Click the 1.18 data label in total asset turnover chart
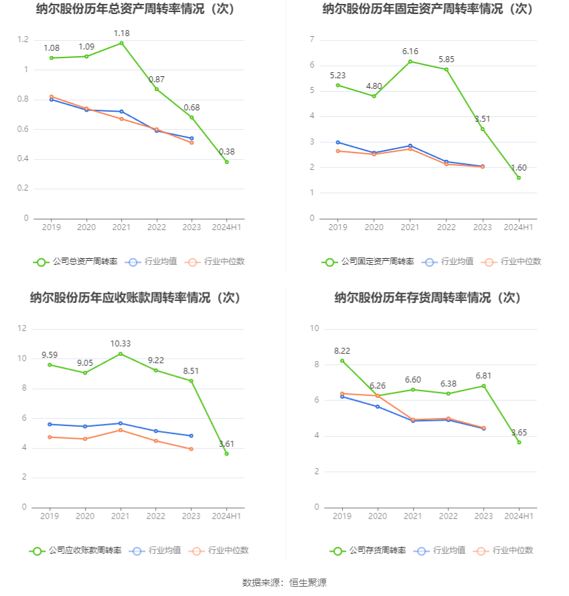pyautogui.click(x=121, y=33)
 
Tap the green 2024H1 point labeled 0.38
pyautogui.click(x=226, y=162)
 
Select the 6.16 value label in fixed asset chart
pyautogui.click(x=410, y=52)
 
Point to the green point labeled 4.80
pyautogui.click(x=374, y=96)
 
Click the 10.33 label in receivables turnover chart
pyautogui.click(x=120, y=344)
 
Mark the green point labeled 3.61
pyautogui.click(x=226, y=454)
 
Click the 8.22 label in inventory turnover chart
pyautogui.click(x=342, y=351)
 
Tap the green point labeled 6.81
pyautogui.click(x=483, y=386)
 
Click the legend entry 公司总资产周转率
pyautogui.click(x=75, y=262)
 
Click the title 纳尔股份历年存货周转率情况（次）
pyautogui.click(x=428, y=298)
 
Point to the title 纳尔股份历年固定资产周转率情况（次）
pyautogui.click(x=428, y=9)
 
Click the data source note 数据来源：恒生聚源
pyautogui.click(x=284, y=583)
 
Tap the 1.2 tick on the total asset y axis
pyautogui.click(x=23, y=40)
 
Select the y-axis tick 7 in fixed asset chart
pyautogui.click(x=312, y=40)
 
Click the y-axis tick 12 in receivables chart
pyautogui.click(x=22, y=328)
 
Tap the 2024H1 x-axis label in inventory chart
pyautogui.click(x=519, y=516)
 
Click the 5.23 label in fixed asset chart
pyautogui.click(x=338, y=76)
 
